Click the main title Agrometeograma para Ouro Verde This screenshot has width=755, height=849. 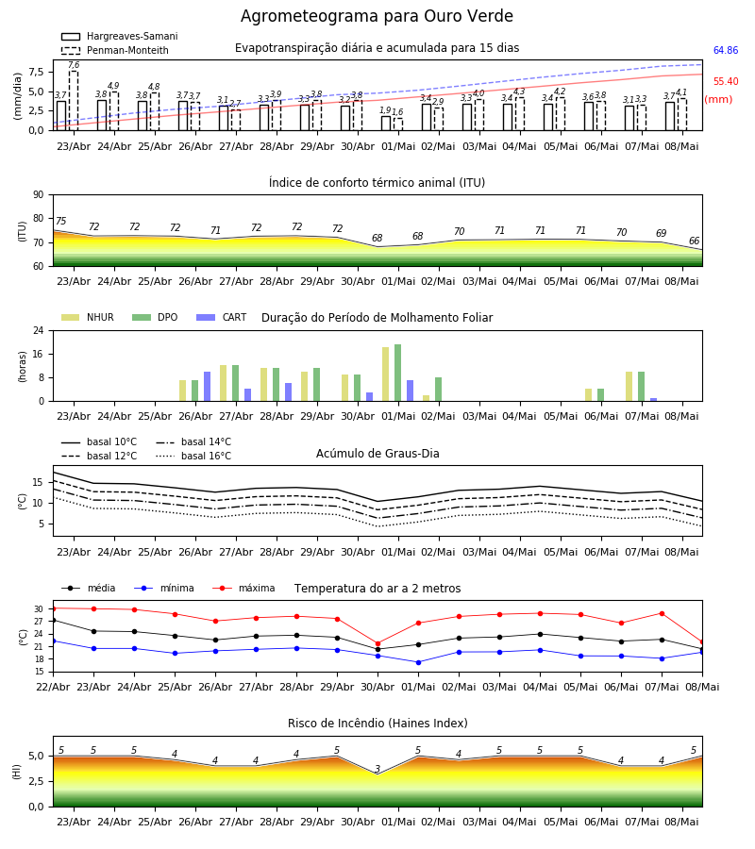[x=377, y=16]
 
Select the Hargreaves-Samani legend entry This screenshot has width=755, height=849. [x=119, y=36]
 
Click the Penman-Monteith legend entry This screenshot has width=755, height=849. [x=115, y=50]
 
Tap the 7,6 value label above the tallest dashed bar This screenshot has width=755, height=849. [x=74, y=65]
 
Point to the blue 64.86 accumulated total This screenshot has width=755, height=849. [x=726, y=50]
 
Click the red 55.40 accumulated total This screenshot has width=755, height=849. [x=726, y=82]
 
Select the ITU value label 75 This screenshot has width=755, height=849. [x=60, y=221]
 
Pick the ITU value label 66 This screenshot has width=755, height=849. [x=694, y=241]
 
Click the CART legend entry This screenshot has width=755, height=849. [x=221, y=317]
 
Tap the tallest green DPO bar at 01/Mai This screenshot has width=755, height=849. [x=398, y=373]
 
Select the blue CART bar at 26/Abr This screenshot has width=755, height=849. [x=207, y=387]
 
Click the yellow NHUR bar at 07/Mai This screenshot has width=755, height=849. [x=629, y=387]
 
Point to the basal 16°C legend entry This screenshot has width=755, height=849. [x=193, y=456]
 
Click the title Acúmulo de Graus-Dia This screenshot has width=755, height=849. [x=377, y=453]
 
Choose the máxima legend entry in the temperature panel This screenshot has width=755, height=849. [x=243, y=588]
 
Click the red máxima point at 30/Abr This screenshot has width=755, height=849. [x=378, y=643]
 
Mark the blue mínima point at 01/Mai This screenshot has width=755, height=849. [x=419, y=662]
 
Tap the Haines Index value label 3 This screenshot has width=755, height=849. [x=377, y=769]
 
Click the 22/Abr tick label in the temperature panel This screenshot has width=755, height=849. [x=53, y=687]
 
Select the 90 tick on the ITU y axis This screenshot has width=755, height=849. [x=39, y=195]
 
